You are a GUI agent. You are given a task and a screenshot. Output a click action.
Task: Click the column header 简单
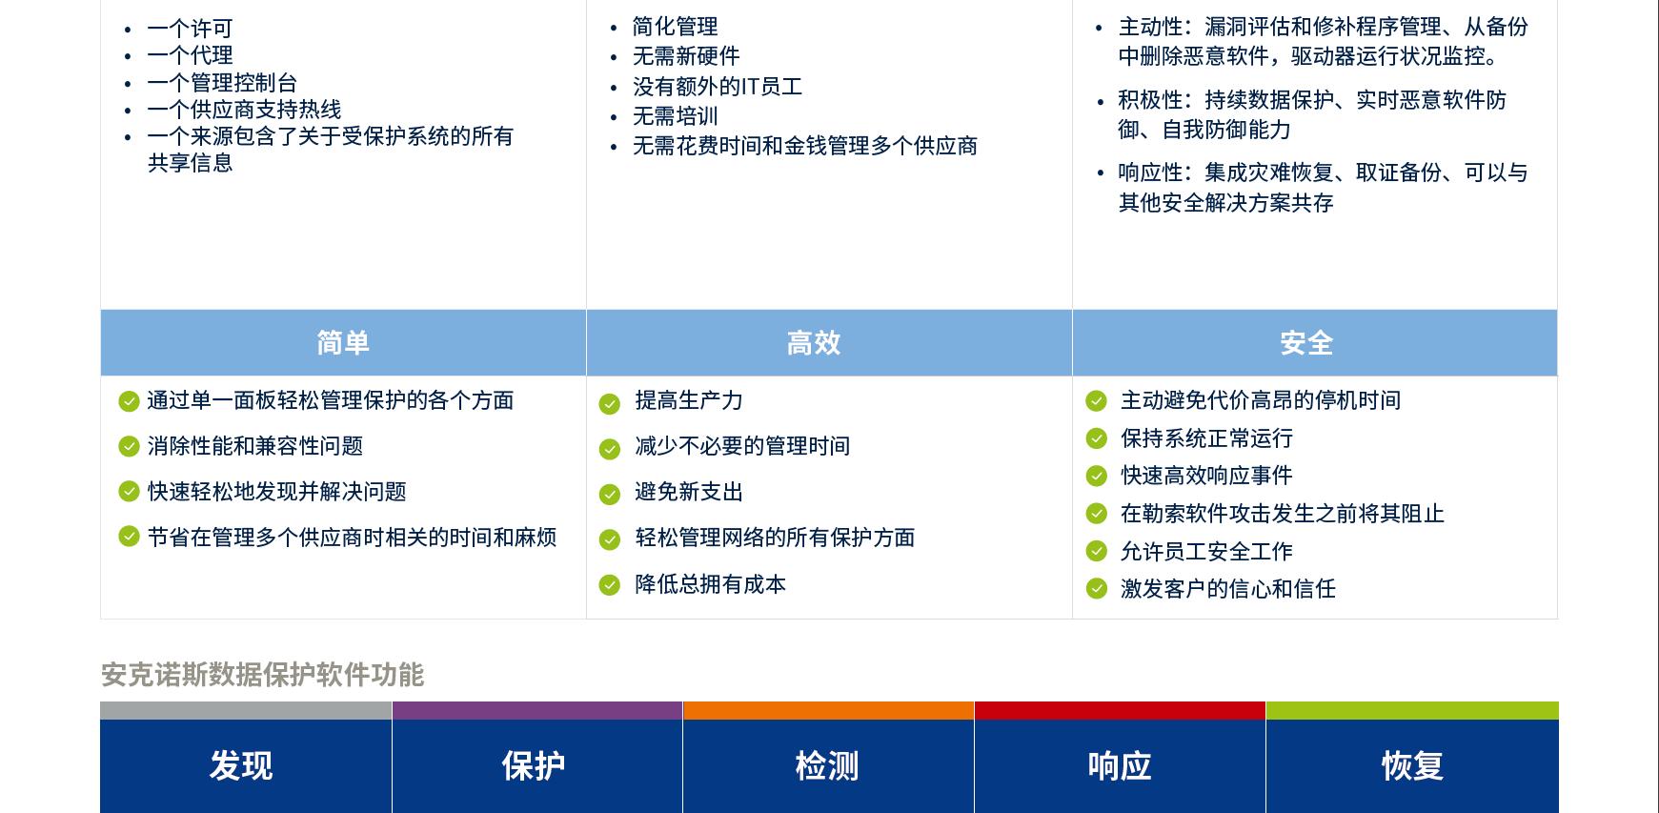point(343,342)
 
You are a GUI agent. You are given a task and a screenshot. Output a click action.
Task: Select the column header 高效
point(814,342)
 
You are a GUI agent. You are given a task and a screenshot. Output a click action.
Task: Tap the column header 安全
point(1306,342)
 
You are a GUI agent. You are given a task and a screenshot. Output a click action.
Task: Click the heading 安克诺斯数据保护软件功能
point(262,675)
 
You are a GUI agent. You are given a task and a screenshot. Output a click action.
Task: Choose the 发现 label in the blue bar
point(241,765)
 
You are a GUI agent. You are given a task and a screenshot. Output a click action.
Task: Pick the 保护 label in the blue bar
point(534,765)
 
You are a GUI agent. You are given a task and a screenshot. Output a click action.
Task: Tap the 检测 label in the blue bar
point(827,765)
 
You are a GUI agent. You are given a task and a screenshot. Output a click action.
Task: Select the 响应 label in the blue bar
point(1120,765)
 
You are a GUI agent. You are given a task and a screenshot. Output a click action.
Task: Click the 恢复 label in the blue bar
point(1412,765)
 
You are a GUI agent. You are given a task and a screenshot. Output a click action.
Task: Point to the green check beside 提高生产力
point(610,404)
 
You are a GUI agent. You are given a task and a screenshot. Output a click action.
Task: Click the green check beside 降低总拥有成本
point(610,585)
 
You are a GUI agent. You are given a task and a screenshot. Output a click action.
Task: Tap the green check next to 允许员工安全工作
point(1096,551)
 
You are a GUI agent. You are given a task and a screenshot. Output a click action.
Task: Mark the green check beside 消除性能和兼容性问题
point(129,446)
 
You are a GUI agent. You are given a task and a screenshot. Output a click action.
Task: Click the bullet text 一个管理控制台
point(222,83)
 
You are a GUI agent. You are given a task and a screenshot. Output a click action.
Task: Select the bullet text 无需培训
point(676,116)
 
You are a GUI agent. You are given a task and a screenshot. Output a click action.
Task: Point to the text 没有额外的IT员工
point(718,87)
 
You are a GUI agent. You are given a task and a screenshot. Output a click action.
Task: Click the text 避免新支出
point(689,492)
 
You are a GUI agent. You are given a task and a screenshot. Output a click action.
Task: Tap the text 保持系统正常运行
point(1206,438)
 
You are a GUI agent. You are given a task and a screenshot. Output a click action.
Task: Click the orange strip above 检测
point(829,710)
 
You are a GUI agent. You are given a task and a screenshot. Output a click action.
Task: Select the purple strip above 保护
point(537,710)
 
